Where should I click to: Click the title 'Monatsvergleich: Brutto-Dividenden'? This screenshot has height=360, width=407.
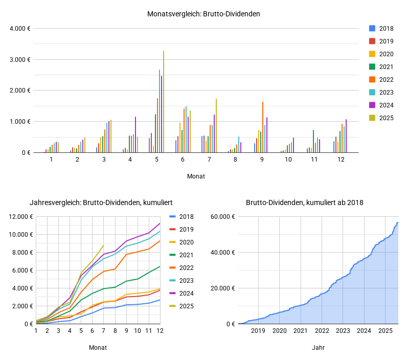(203, 14)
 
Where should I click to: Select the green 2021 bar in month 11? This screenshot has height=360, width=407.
(313, 142)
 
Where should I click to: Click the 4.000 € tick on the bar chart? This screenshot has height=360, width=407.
(20, 28)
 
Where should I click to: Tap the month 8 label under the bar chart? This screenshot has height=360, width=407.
(235, 160)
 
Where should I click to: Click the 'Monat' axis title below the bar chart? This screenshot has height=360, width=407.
(196, 176)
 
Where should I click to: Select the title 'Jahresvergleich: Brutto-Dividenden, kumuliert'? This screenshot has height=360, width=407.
(87, 202)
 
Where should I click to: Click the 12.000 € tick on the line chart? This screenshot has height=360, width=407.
(20, 216)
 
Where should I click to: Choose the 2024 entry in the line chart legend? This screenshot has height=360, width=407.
(186, 294)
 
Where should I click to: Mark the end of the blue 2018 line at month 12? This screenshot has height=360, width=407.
(160, 300)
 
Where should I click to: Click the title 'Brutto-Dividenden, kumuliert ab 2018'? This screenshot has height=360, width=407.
(304, 202)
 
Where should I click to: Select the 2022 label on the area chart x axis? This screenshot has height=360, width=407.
(322, 331)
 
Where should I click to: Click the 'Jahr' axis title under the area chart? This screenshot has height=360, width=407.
(318, 347)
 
